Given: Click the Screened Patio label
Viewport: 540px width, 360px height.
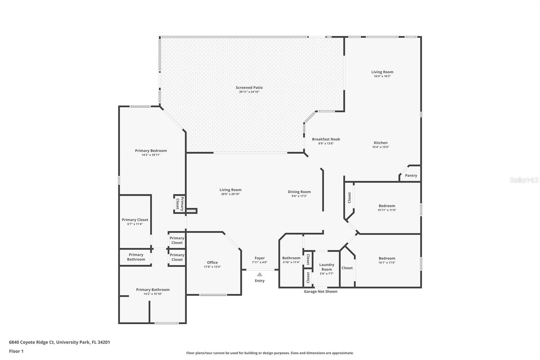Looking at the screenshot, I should click(x=249, y=88).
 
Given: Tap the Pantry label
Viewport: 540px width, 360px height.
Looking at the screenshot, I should click(x=411, y=176).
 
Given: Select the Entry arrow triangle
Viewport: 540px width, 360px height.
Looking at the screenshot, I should click(x=260, y=275).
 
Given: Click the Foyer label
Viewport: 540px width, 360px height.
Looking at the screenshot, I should click(x=260, y=258).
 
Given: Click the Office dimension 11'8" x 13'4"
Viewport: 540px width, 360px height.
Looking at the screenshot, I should click(x=212, y=267).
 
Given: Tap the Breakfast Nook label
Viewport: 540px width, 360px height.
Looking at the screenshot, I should click(x=326, y=139).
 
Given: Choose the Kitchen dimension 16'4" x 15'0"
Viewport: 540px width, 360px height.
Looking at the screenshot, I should click(x=380, y=147).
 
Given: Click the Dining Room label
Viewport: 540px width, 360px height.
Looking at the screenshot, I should click(x=299, y=192).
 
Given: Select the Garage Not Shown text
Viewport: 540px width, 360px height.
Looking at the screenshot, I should click(x=320, y=291).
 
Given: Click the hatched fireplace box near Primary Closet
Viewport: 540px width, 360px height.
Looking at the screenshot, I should click(x=191, y=211).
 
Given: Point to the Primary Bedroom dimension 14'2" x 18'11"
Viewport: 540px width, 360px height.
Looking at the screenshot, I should click(x=151, y=155).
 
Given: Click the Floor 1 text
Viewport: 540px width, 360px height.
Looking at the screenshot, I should click(x=16, y=351).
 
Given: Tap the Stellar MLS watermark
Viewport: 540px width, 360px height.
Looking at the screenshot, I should click(x=524, y=180).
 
